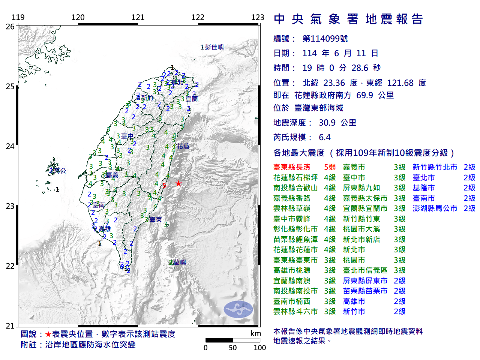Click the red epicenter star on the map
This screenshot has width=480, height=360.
[178, 183]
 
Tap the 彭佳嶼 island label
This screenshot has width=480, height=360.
[214, 47]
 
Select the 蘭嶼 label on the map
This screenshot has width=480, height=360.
[179, 262]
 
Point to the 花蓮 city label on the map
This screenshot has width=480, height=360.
[183, 146]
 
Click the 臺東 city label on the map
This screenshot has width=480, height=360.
[155, 220]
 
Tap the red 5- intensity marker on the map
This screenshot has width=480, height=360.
[165, 185]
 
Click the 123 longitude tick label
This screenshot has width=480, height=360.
[258, 17]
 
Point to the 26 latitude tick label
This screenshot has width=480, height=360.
[10, 27]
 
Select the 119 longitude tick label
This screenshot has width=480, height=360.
[18, 17]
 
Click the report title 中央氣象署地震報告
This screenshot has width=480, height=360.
[348, 19]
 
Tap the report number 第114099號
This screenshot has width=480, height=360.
[325, 39]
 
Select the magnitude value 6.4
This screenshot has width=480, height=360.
[325, 137]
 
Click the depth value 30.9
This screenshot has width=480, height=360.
[327, 123]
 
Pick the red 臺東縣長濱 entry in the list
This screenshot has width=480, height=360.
[292, 167]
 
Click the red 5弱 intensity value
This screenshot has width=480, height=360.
[330, 167]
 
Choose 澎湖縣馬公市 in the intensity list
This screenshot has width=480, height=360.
[435, 208]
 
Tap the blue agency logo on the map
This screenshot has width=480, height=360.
[238, 309]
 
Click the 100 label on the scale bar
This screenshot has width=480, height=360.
[259, 348]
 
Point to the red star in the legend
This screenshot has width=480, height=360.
[48, 334]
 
